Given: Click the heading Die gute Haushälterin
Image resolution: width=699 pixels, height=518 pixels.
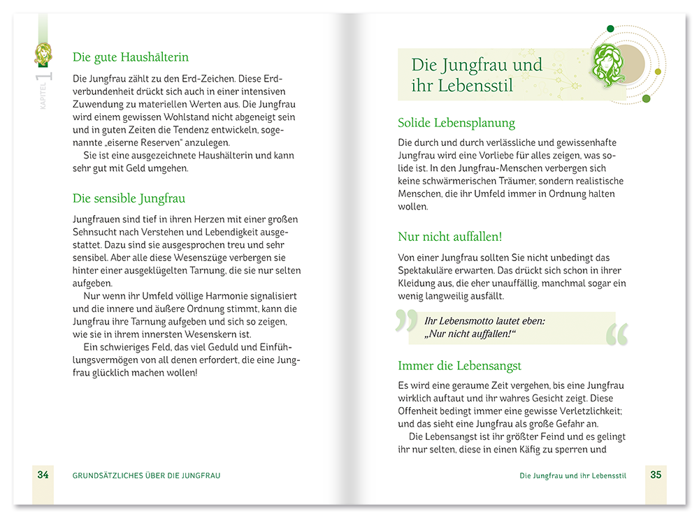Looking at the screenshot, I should pos(131,57).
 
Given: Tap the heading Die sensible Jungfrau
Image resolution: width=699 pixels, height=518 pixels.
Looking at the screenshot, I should pos(129,198).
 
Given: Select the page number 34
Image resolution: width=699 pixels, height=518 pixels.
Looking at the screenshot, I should pos(43,475).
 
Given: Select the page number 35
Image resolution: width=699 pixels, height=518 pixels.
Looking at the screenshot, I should pos(656,475).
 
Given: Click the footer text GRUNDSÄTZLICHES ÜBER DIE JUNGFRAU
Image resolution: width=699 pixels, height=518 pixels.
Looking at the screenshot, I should pos(147,475).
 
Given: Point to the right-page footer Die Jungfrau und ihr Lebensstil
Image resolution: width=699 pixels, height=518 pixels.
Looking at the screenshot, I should pos(572,475).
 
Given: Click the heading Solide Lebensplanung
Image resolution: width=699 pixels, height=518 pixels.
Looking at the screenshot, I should pos(456,123).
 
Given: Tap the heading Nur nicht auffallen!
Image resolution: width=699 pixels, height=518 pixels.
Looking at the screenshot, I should pos(449,237).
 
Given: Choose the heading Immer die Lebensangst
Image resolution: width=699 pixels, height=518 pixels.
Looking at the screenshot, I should pos(459,365).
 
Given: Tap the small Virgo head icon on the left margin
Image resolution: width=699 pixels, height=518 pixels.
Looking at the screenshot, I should pos(43,53).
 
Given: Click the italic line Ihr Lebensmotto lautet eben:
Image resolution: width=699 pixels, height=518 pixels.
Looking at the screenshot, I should pos(484,321).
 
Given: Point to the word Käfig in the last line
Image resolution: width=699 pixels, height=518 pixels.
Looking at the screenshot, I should pos(543,450).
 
